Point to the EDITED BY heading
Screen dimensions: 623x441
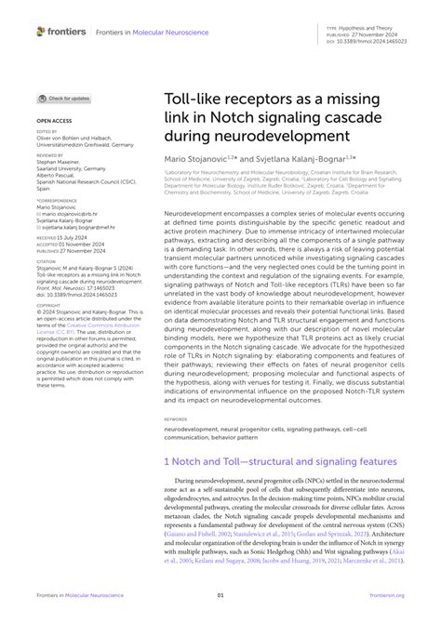(48, 133)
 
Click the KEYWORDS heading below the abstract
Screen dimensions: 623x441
(179, 419)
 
